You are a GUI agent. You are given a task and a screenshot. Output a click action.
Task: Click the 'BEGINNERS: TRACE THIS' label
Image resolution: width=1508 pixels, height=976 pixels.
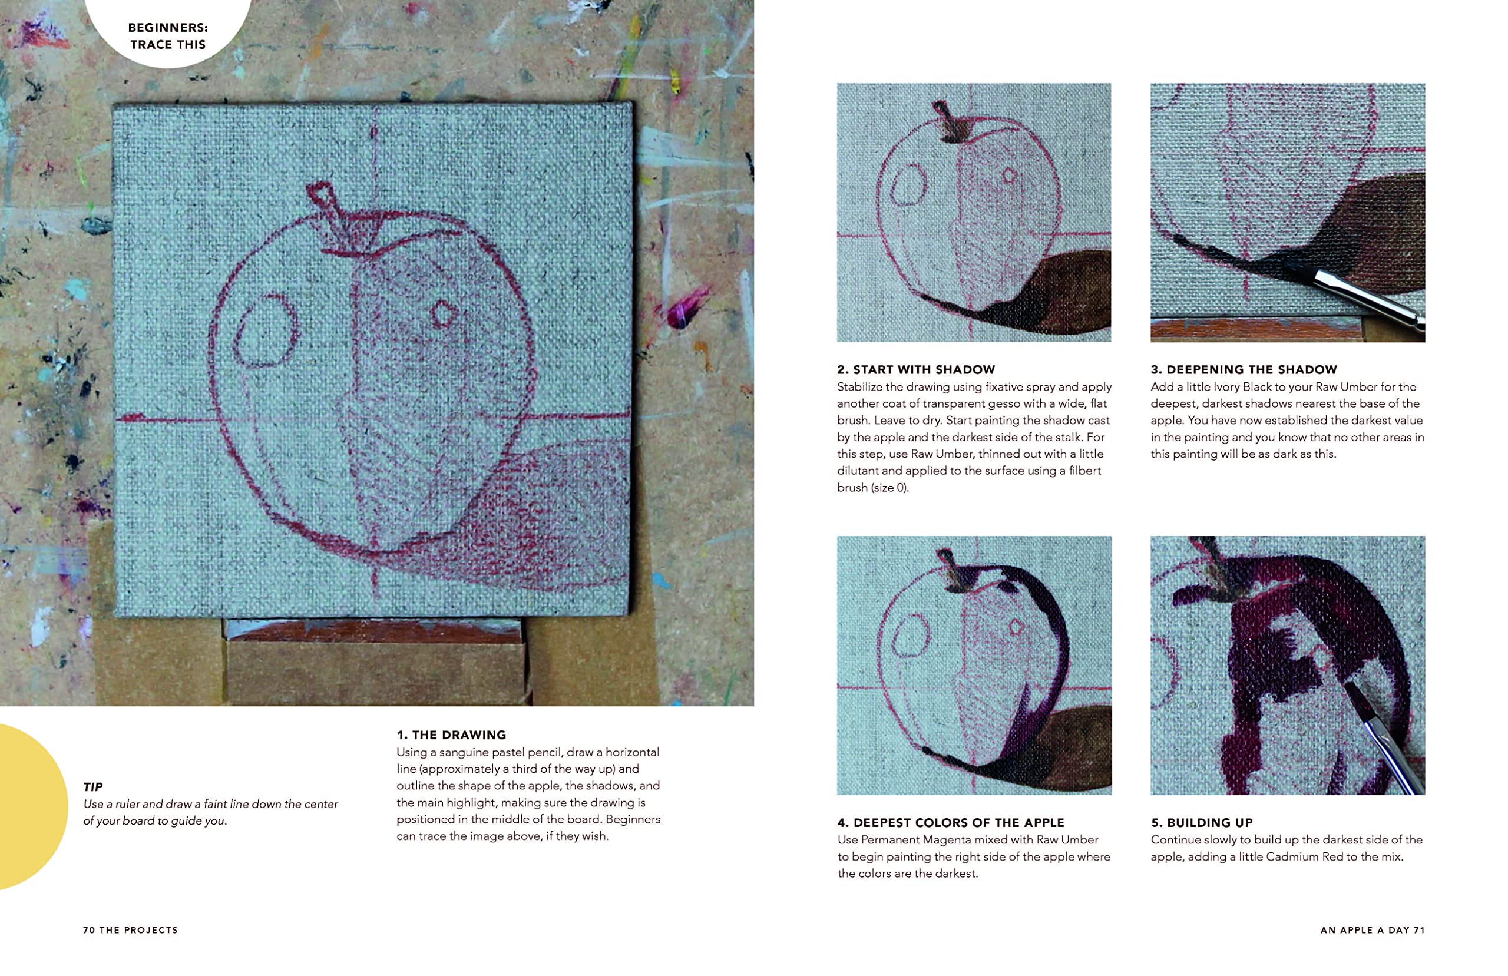point(168,36)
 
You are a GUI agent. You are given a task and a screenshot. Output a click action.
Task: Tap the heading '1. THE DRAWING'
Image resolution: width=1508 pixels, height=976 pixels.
point(451,735)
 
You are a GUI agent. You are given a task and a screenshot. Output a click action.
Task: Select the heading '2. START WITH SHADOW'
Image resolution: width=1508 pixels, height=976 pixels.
point(916,369)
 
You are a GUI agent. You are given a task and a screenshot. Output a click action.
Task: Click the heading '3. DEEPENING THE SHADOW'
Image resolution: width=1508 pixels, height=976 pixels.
point(1244,369)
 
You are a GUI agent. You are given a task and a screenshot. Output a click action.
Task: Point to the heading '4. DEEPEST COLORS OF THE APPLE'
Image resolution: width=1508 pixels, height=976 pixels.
point(950,823)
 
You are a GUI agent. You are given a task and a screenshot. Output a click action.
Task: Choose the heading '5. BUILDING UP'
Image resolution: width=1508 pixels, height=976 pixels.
point(1202,823)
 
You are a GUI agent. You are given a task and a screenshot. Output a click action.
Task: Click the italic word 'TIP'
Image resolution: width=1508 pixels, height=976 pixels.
point(92,787)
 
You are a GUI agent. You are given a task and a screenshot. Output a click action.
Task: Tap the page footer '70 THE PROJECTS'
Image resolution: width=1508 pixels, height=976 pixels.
point(131,931)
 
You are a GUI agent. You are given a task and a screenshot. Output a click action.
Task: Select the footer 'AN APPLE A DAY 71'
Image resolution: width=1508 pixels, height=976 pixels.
point(1373,931)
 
